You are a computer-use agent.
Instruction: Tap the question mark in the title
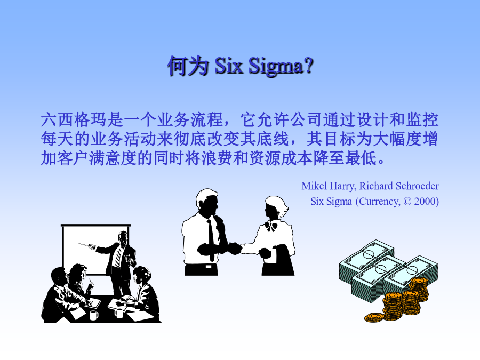pos(309,65)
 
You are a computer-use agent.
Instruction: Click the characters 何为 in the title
pos(188,66)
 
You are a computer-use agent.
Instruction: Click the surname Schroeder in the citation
pos(417,186)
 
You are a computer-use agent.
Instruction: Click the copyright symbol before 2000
pos(407,202)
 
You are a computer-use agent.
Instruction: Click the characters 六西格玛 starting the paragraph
pos(74,119)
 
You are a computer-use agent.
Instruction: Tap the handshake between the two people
pos(234,248)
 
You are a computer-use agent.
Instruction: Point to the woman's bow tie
pos(271,226)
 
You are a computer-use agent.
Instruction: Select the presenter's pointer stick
pos(87,245)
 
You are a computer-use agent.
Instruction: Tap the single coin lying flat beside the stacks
pos(374,317)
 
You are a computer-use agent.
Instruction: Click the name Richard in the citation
pos(376,186)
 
